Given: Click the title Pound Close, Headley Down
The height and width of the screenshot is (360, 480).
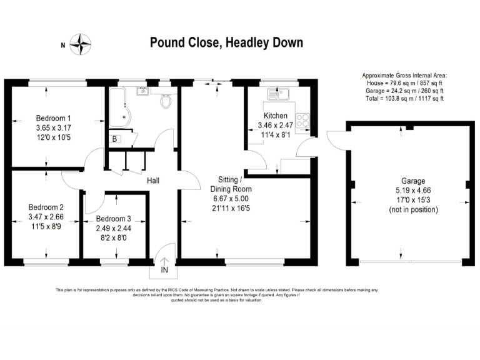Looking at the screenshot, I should pos(226,42).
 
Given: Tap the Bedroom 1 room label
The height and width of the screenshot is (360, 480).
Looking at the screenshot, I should pos(53,118).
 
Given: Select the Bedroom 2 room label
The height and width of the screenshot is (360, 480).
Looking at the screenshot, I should pos(46,207).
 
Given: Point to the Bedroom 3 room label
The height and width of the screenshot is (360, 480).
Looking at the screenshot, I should pos(114,219).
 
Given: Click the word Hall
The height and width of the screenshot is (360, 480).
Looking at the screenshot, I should pos(152,181).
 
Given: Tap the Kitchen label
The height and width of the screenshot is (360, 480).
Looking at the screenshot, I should pos(276,116).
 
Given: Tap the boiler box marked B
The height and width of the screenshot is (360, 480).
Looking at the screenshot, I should pos(115,139).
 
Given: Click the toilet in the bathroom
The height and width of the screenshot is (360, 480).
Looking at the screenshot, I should pos(166,100).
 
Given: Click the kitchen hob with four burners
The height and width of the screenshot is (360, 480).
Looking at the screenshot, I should pos(303,120).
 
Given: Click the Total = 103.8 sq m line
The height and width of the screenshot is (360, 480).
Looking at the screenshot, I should pos(405,97).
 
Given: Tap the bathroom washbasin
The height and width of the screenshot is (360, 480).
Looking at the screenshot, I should pos(142,91).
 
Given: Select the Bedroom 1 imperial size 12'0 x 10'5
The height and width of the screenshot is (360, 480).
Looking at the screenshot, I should pos(53,137).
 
